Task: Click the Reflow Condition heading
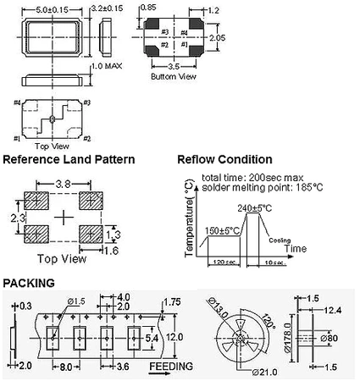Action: tap(224, 158)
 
